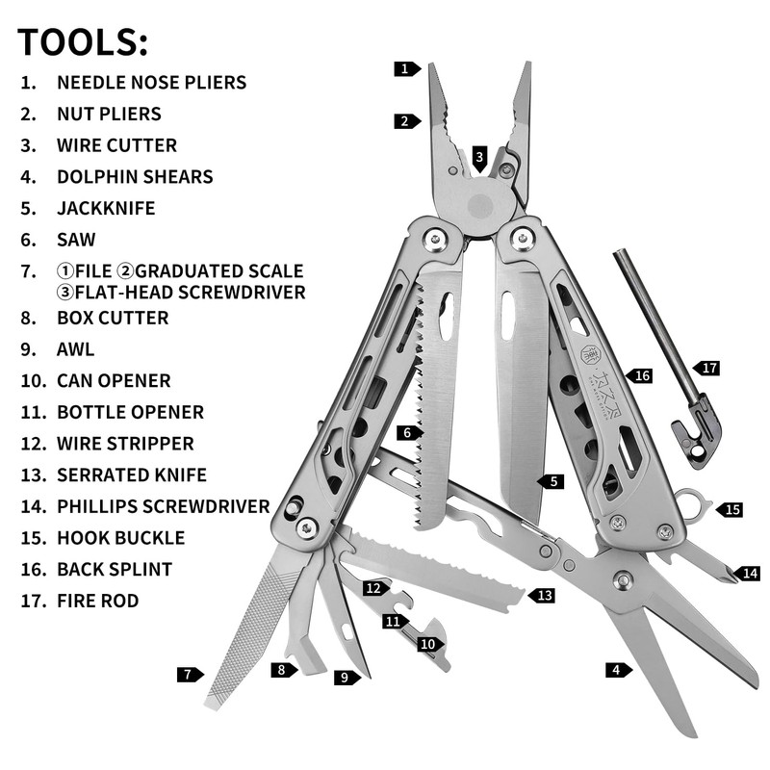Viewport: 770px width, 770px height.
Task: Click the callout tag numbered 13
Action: (543, 596)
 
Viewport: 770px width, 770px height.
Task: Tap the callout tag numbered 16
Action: (639, 375)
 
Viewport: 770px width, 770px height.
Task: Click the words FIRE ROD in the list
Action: (97, 601)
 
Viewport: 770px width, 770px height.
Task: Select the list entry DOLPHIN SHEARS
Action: (135, 176)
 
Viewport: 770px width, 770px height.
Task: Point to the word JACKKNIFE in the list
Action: (106, 208)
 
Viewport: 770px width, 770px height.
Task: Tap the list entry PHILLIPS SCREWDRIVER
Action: (163, 505)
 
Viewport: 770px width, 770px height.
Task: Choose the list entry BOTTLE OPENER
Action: (130, 412)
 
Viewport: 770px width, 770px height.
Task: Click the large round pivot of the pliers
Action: (479, 206)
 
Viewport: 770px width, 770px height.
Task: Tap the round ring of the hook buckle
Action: (688, 500)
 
